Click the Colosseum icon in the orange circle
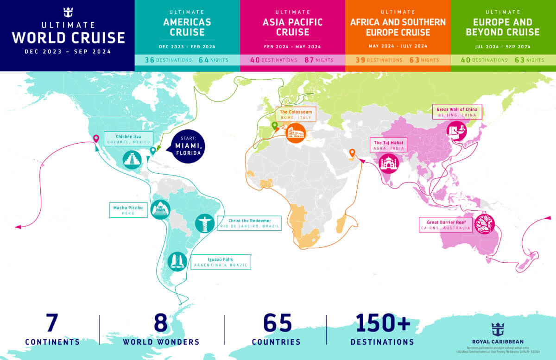pos(295,133)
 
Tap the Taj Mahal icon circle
pos(389,163)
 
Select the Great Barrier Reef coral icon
pos(485,224)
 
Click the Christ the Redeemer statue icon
pos(204,223)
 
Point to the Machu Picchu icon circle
pos(160,210)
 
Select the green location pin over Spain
pos(274,126)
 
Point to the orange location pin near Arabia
pos(352,152)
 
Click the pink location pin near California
pos(96,138)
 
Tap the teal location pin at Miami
pos(153,151)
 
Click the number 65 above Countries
pos(277,323)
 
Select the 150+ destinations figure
pos(383,323)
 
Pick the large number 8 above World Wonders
pos(160,323)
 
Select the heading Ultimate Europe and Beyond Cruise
pos(503,27)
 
